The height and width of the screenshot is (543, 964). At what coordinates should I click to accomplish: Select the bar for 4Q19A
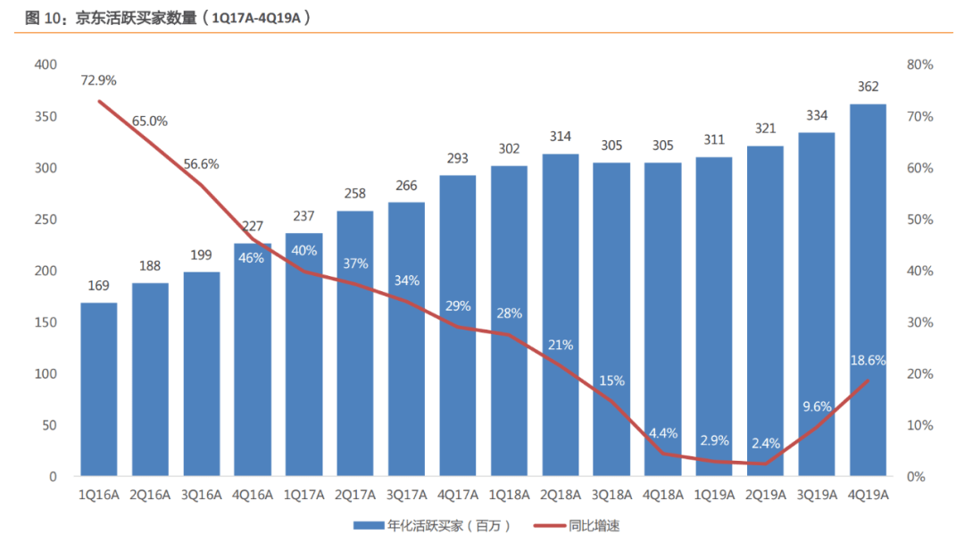pyautogui.click(x=868, y=290)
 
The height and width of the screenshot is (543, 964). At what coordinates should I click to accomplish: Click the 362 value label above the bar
pyautogui.click(x=868, y=87)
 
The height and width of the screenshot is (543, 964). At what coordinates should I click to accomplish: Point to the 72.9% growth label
pyautogui.click(x=98, y=80)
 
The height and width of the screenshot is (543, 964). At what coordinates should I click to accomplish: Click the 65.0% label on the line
pyautogui.click(x=150, y=121)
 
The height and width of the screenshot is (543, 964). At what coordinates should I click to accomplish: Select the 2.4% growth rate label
pyautogui.click(x=765, y=443)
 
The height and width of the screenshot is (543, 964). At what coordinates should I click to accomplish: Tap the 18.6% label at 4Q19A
pyautogui.click(x=868, y=361)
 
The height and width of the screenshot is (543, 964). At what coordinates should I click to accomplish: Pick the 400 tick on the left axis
pyautogui.click(x=46, y=64)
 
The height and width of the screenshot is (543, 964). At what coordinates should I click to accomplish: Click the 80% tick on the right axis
pyautogui.click(x=919, y=64)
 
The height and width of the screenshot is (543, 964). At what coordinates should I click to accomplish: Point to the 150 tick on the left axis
pyautogui.click(x=46, y=322)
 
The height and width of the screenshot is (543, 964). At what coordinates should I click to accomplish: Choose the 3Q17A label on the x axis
pyautogui.click(x=406, y=495)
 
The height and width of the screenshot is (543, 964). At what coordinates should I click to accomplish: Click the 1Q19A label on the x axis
pyautogui.click(x=714, y=495)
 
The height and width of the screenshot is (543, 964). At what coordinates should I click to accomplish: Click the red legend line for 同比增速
pyautogui.click(x=548, y=525)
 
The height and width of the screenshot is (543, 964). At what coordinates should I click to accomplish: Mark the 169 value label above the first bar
pyautogui.click(x=98, y=286)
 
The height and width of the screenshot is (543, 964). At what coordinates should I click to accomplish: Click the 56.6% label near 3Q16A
pyautogui.click(x=201, y=164)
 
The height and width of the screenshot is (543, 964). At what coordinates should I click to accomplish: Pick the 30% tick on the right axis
pyautogui.click(x=919, y=322)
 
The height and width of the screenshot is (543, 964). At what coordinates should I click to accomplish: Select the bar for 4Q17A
pyautogui.click(x=457, y=325)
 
